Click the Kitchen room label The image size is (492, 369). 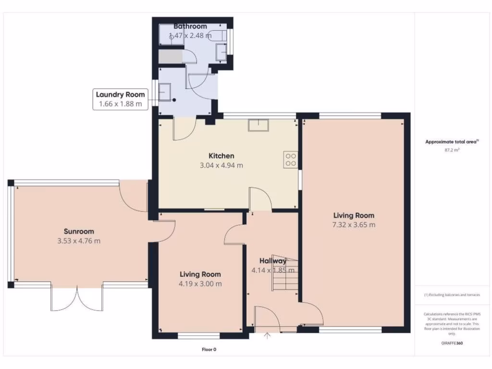(x=221, y=156)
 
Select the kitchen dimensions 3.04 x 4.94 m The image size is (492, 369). (x=221, y=165)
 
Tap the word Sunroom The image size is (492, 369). (x=79, y=231)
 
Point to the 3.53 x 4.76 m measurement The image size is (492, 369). (x=79, y=241)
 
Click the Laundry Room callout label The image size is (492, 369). (x=120, y=95)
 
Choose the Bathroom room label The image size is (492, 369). (x=190, y=26)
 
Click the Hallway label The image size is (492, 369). (x=272, y=261)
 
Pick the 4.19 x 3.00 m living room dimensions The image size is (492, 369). (x=200, y=283)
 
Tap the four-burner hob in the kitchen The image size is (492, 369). (x=291, y=160)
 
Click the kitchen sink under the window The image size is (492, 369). (x=258, y=125)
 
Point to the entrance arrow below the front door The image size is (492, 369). (x=268, y=335)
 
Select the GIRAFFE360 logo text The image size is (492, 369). (x=452, y=343)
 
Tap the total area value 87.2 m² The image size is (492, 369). (x=452, y=150)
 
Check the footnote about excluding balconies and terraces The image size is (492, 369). (x=452, y=295)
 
